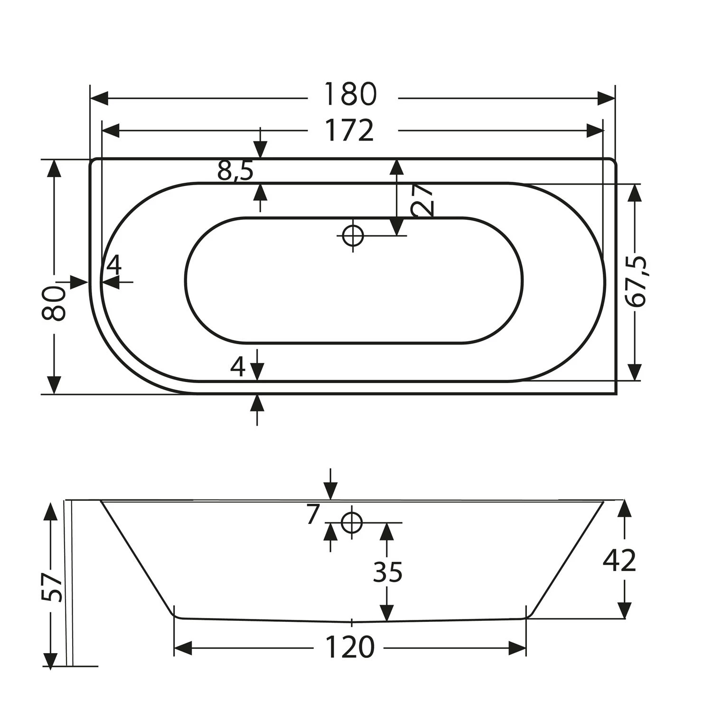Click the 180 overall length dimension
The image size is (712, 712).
click(350, 94)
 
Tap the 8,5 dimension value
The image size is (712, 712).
click(235, 171)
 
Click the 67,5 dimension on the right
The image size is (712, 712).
click(636, 282)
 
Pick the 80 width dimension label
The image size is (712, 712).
click(54, 304)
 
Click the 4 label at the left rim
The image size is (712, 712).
click(114, 265)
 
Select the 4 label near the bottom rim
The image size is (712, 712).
click(238, 366)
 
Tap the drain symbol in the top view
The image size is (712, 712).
click(352, 235)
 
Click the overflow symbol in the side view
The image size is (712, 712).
click(351, 523)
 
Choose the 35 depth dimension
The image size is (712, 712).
click(387, 572)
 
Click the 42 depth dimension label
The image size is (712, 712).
click(619, 561)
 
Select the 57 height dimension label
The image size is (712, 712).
click(52, 588)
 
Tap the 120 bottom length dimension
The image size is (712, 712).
click(350, 647)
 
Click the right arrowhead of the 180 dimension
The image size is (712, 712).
click(606, 99)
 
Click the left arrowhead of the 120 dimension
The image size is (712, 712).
click(183, 648)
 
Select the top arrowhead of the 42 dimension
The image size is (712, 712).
click(625, 508)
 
